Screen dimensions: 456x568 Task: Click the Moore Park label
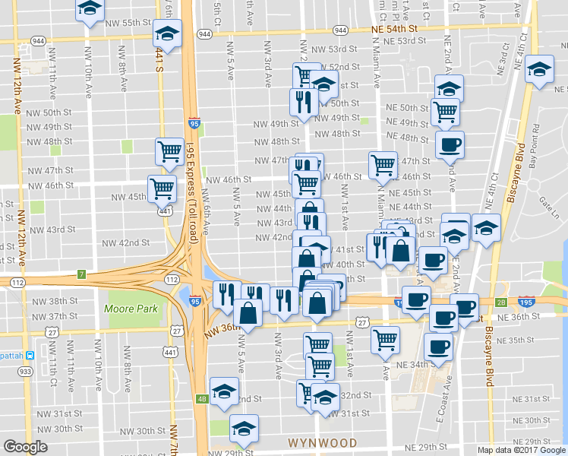[x=132, y=309]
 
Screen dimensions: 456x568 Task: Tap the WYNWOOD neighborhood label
[x=322, y=442]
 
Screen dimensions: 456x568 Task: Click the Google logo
[x=25, y=447]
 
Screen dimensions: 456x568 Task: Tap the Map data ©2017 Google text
[x=521, y=450]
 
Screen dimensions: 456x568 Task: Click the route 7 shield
[x=81, y=273]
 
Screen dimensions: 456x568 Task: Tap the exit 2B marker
[x=500, y=302]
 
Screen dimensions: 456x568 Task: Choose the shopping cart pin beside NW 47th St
[x=169, y=150]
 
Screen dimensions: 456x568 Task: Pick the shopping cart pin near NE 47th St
[x=383, y=163]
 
